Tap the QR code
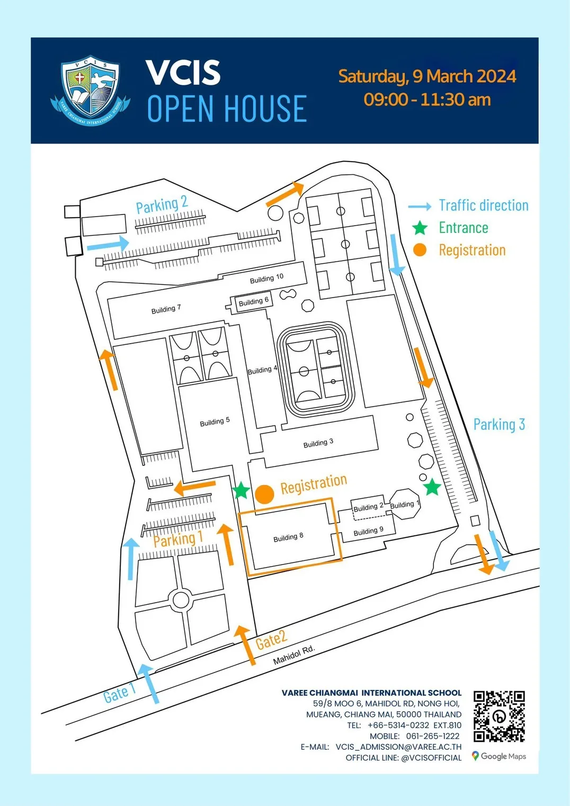pos(499,716)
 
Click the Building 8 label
pos(288,537)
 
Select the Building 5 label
pos(215,422)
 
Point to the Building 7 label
pos(166,309)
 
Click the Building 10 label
pos(266,279)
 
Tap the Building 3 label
pos(318,443)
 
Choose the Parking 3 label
pos(499,424)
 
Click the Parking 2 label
pos(162,204)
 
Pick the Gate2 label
pos(271,640)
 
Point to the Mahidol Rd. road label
pos(294,655)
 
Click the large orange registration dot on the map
pos(264,494)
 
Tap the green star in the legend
pos(420,228)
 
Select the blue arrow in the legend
pos(420,207)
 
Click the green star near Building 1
pos(432,486)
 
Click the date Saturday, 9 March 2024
pos(427,76)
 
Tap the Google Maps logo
pos(499,756)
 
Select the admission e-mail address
pos(398,747)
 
